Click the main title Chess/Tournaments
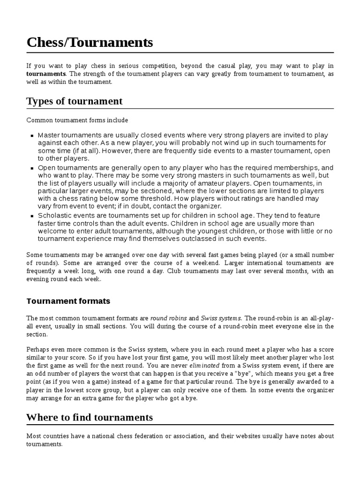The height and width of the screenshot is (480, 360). pos(90,43)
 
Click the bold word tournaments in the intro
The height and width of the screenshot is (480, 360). pos(46,74)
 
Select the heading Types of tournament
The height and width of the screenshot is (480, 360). pos(75,101)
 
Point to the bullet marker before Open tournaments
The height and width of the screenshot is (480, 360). pos(32,168)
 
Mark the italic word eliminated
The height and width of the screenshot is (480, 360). pos(205,365)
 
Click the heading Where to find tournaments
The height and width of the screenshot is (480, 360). pos(90,417)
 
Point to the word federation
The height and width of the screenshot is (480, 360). pos(143,436)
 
